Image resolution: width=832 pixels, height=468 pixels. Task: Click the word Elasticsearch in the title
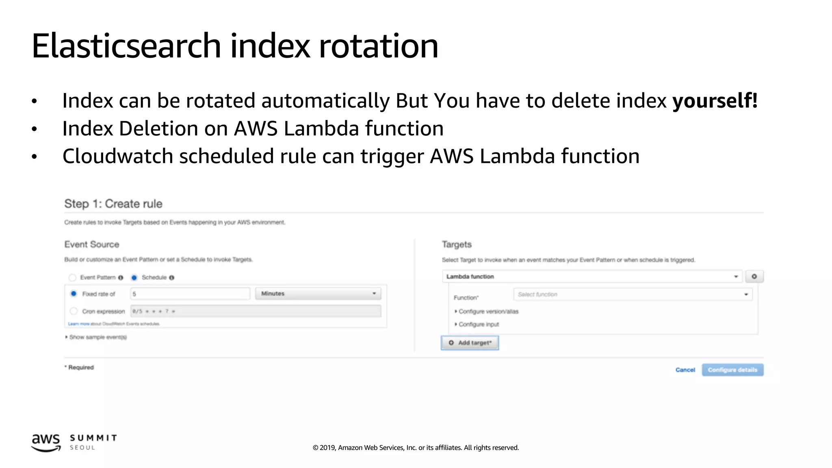[126, 46]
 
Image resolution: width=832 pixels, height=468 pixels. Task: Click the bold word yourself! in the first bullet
[715, 101]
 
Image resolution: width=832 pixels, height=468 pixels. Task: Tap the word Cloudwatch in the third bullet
[117, 156]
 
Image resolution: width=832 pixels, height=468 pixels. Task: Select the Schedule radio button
[134, 277]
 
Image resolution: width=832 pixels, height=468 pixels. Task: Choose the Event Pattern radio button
[72, 277]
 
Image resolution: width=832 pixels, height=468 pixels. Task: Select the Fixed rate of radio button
[74, 294]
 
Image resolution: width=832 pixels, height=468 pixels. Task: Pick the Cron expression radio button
[74, 311]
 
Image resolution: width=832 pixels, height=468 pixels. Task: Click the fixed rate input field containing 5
[190, 294]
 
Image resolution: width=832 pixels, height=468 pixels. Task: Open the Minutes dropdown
[318, 294]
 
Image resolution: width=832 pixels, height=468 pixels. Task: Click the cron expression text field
[256, 311]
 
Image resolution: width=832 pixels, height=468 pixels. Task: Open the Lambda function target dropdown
[592, 277]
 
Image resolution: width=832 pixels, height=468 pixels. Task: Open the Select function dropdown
[633, 295]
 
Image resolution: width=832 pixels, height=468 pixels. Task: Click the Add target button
[470, 343]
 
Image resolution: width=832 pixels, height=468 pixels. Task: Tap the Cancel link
[685, 370]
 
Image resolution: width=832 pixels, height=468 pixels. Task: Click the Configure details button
[732, 370]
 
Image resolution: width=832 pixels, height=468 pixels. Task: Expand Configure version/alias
[488, 312]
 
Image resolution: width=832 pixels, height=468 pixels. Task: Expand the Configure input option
[478, 324]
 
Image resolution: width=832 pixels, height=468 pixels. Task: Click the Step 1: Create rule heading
[113, 204]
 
